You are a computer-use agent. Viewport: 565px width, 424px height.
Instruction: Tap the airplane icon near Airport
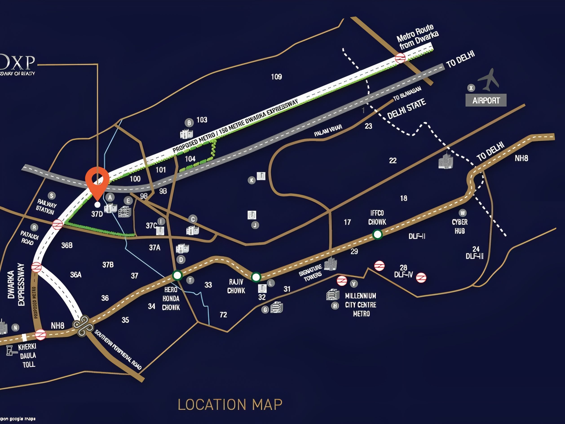(489, 80)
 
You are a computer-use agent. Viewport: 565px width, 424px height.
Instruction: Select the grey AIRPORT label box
(486, 100)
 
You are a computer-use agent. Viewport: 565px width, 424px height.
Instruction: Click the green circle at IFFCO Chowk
(377, 234)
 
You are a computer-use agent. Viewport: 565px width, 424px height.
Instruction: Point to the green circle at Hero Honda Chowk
(177, 275)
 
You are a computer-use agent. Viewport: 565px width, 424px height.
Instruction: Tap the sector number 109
(276, 77)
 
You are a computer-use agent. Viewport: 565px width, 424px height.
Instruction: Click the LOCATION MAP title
(230, 405)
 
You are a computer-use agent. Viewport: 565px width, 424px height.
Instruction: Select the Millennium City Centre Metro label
(361, 305)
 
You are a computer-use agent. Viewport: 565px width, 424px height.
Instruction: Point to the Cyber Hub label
(459, 227)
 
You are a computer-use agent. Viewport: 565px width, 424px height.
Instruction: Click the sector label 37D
(97, 214)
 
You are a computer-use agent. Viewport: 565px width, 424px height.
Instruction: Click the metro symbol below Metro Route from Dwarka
(400, 58)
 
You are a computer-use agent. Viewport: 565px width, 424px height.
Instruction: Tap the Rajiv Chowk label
(236, 286)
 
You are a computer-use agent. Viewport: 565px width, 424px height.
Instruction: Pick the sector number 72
(223, 315)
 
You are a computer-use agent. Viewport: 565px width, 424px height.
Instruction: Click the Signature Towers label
(311, 273)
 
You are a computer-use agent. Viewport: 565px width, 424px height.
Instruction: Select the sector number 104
(190, 159)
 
